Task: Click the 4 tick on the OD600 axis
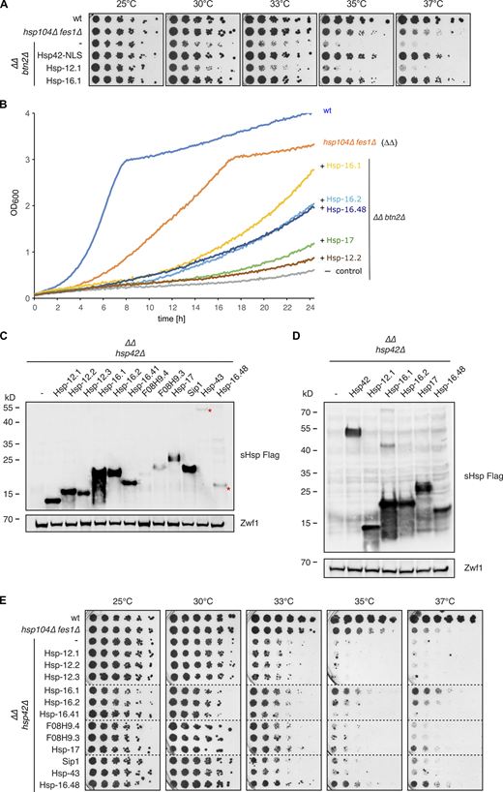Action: (x=25, y=111)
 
